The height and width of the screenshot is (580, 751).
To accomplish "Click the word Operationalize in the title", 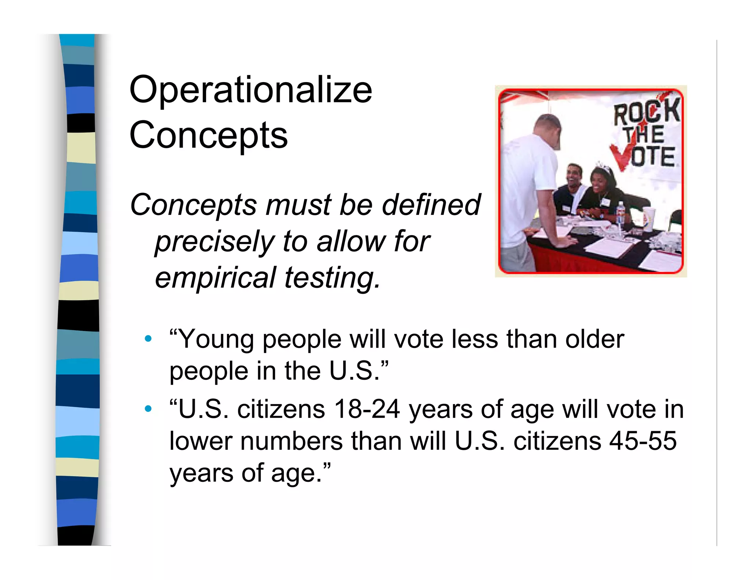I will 251,90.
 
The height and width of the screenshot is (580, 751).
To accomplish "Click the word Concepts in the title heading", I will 208,135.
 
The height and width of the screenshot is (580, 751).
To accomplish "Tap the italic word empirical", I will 215,278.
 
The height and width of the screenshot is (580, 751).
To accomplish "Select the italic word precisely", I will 215,242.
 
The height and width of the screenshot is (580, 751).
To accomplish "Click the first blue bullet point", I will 148,339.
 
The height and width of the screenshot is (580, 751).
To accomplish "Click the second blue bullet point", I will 148,408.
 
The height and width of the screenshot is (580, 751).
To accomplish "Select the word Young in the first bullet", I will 216,339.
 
